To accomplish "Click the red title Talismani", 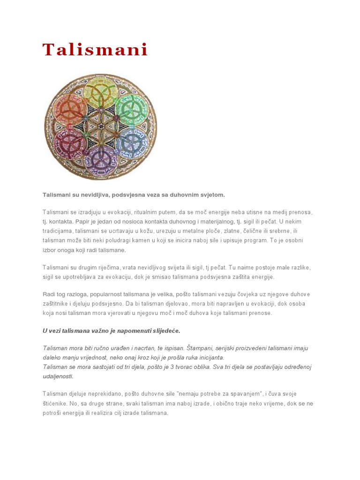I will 95,50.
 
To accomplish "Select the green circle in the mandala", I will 131,109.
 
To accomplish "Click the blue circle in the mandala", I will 132,142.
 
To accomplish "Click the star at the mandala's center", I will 101,126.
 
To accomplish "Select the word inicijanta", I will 210,358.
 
